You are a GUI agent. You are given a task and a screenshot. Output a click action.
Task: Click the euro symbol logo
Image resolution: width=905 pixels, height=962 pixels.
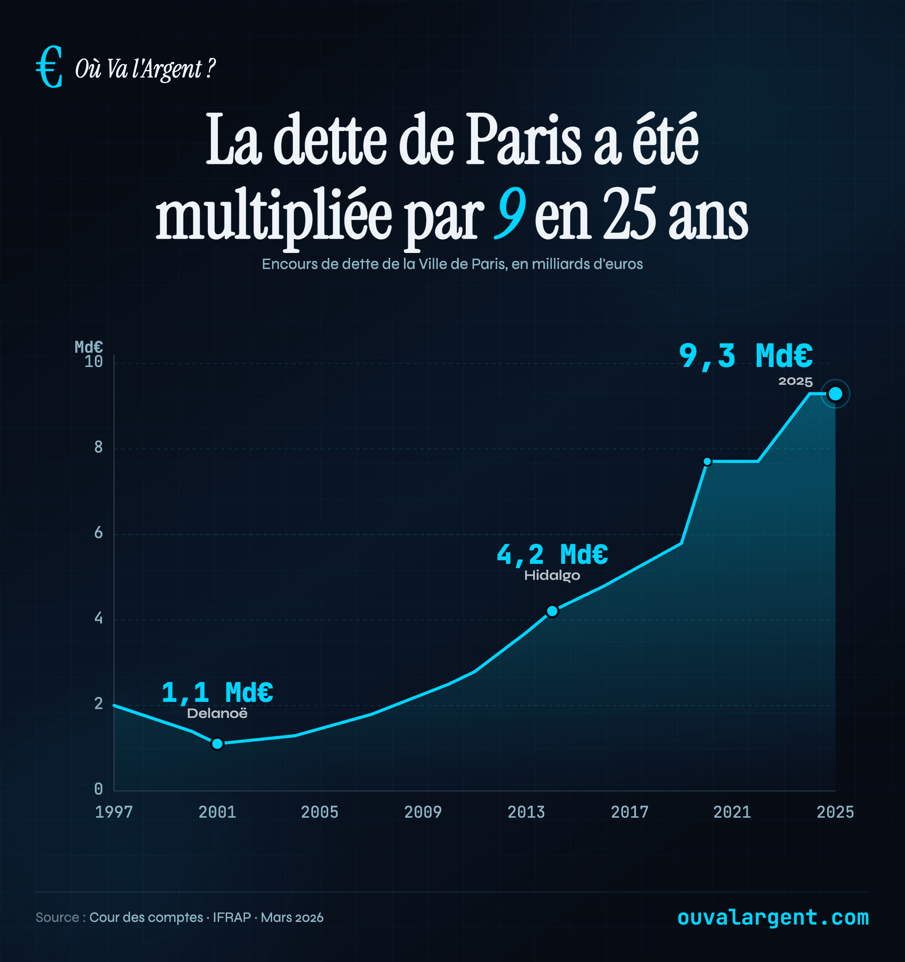pyautogui.click(x=49, y=67)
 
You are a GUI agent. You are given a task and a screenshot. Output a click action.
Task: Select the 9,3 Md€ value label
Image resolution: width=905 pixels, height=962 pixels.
pyautogui.click(x=745, y=356)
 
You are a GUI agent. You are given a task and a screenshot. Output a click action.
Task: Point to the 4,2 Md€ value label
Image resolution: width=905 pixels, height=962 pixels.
pyautogui.click(x=552, y=554)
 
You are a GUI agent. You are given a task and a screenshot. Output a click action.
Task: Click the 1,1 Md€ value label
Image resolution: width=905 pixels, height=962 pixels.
pyautogui.click(x=217, y=693)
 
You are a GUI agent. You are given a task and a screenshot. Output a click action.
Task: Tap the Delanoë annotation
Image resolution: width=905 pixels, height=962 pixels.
pyautogui.click(x=217, y=714)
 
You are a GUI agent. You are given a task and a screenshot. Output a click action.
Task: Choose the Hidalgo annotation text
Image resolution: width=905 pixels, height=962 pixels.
pyautogui.click(x=552, y=576)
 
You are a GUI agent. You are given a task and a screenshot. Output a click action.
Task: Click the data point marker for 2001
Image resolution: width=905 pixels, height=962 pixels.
pyautogui.click(x=217, y=744)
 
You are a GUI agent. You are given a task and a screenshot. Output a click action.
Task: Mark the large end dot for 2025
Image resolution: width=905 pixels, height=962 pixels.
pyautogui.click(x=836, y=394)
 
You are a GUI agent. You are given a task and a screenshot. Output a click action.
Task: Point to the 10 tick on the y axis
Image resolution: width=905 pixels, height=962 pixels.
pyautogui.click(x=94, y=362)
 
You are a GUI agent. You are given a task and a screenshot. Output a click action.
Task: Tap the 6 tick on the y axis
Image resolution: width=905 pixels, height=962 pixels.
pyautogui.click(x=98, y=533)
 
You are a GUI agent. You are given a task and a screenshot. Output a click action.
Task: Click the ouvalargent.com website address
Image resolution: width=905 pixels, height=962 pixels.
pyautogui.click(x=773, y=917)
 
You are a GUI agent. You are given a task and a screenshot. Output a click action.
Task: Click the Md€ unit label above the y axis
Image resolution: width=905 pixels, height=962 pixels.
pyautogui.click(x=89, y=347)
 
